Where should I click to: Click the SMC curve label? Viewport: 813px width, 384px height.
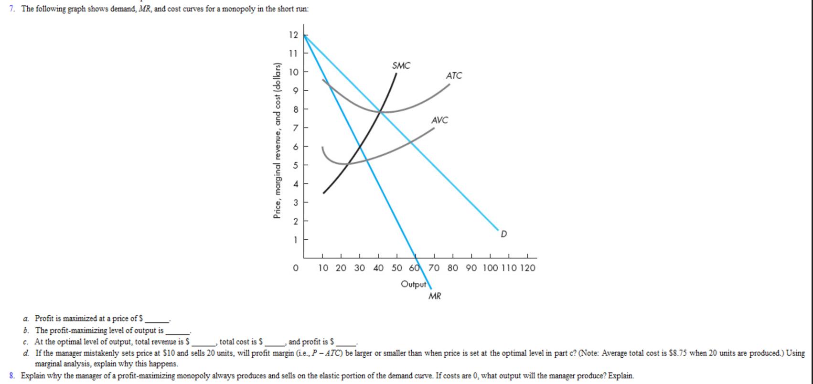(x=401, y=66)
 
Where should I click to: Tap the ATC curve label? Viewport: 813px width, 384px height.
(x=454, y=76)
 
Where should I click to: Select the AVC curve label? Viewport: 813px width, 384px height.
(x=439, y=120)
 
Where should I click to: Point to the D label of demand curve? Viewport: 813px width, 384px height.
(x=504, y=234)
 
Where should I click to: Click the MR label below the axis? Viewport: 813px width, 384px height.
(x=435, y=296)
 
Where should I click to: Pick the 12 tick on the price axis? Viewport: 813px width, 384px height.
(x=293, y=35)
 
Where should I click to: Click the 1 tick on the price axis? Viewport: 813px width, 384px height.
(x=295, y=240)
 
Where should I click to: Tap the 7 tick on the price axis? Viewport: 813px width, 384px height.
(x=295, y=128)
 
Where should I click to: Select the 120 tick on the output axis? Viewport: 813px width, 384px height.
(x=527, y=268)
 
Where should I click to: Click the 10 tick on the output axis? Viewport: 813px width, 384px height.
(x=323, y=268)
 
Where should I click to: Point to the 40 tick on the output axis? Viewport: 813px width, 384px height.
(x=378, y=268)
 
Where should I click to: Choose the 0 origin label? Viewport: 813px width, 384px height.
(x=296, y=268)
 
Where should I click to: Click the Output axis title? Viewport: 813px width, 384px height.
(x=413, y=284)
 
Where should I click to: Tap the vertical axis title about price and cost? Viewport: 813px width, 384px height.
(x=277, y=141)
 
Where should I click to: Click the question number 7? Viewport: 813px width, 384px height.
(x=11, y=9)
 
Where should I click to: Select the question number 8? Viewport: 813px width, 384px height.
(x=11, y=376)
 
